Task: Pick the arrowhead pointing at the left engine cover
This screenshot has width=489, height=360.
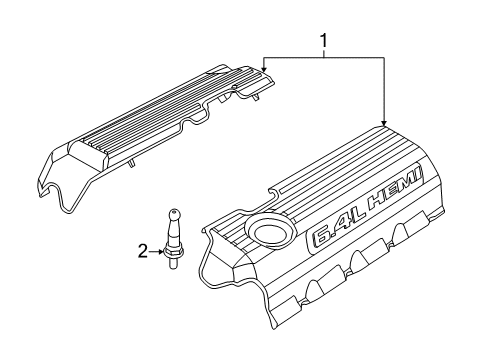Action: pos(263,66)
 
